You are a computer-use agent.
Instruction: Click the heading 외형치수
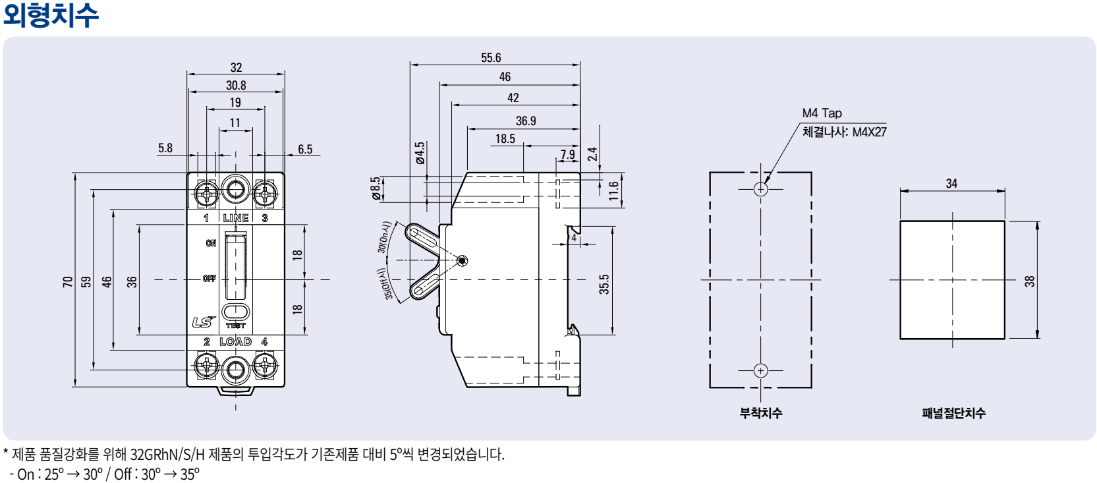[51, 14]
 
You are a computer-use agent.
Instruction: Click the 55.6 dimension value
[491, 58]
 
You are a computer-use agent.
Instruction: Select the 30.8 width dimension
[236, 85]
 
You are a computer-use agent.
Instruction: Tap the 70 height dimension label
[68, 281]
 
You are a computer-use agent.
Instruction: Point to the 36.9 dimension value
[526, 121]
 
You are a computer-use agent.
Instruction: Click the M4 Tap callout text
[822, 113]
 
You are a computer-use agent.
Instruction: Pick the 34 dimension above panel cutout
[951, 183]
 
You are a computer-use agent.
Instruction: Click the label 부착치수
[760, 413]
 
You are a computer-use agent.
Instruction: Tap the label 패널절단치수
[953, 413]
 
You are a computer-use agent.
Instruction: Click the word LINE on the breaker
[236, 218]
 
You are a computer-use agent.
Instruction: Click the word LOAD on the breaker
[235, 341]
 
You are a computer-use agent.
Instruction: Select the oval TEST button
[236, 312]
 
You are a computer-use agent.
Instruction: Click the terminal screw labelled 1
[207, 193]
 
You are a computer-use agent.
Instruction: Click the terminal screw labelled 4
[265, 365]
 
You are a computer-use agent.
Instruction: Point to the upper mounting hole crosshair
[761, 189]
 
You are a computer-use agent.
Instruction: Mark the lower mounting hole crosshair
[761, 370]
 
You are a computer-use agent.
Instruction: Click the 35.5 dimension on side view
[604, 284]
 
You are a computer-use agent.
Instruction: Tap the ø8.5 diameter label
[376, 187]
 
